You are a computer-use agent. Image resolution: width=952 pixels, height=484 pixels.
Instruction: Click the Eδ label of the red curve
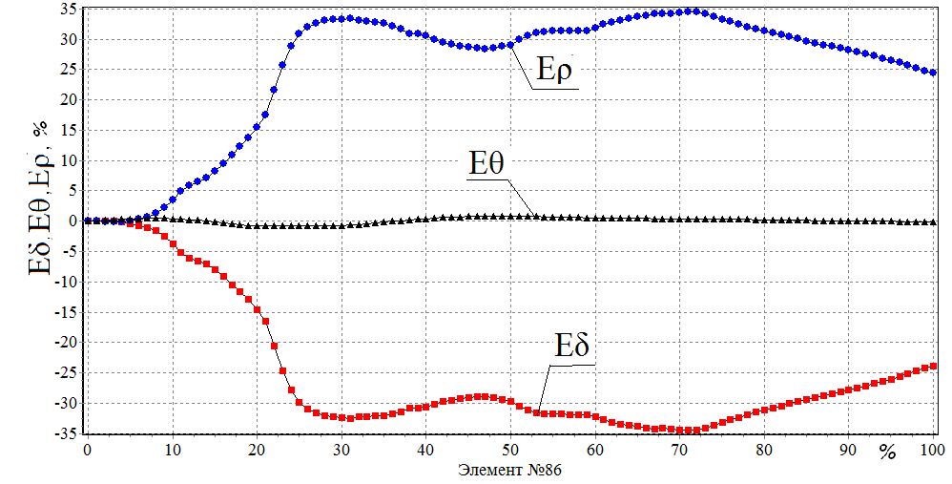coord(572,345)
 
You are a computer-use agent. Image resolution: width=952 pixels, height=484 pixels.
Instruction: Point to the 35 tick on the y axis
coord(69,10)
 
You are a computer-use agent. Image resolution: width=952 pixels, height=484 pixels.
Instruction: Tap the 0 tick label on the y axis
coord(73,221)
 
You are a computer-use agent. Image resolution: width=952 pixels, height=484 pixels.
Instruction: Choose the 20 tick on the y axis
coord(69,99)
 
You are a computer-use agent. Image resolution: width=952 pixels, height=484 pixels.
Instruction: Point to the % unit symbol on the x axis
coord(887,452)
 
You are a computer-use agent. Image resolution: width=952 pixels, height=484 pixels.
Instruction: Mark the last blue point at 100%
coord(932,73)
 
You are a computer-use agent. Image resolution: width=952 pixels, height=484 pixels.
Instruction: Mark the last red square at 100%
coord(932,367)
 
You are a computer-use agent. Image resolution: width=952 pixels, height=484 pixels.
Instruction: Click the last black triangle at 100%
coord(932,221)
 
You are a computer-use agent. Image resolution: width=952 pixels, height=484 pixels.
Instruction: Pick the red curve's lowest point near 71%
coord(687,431)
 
